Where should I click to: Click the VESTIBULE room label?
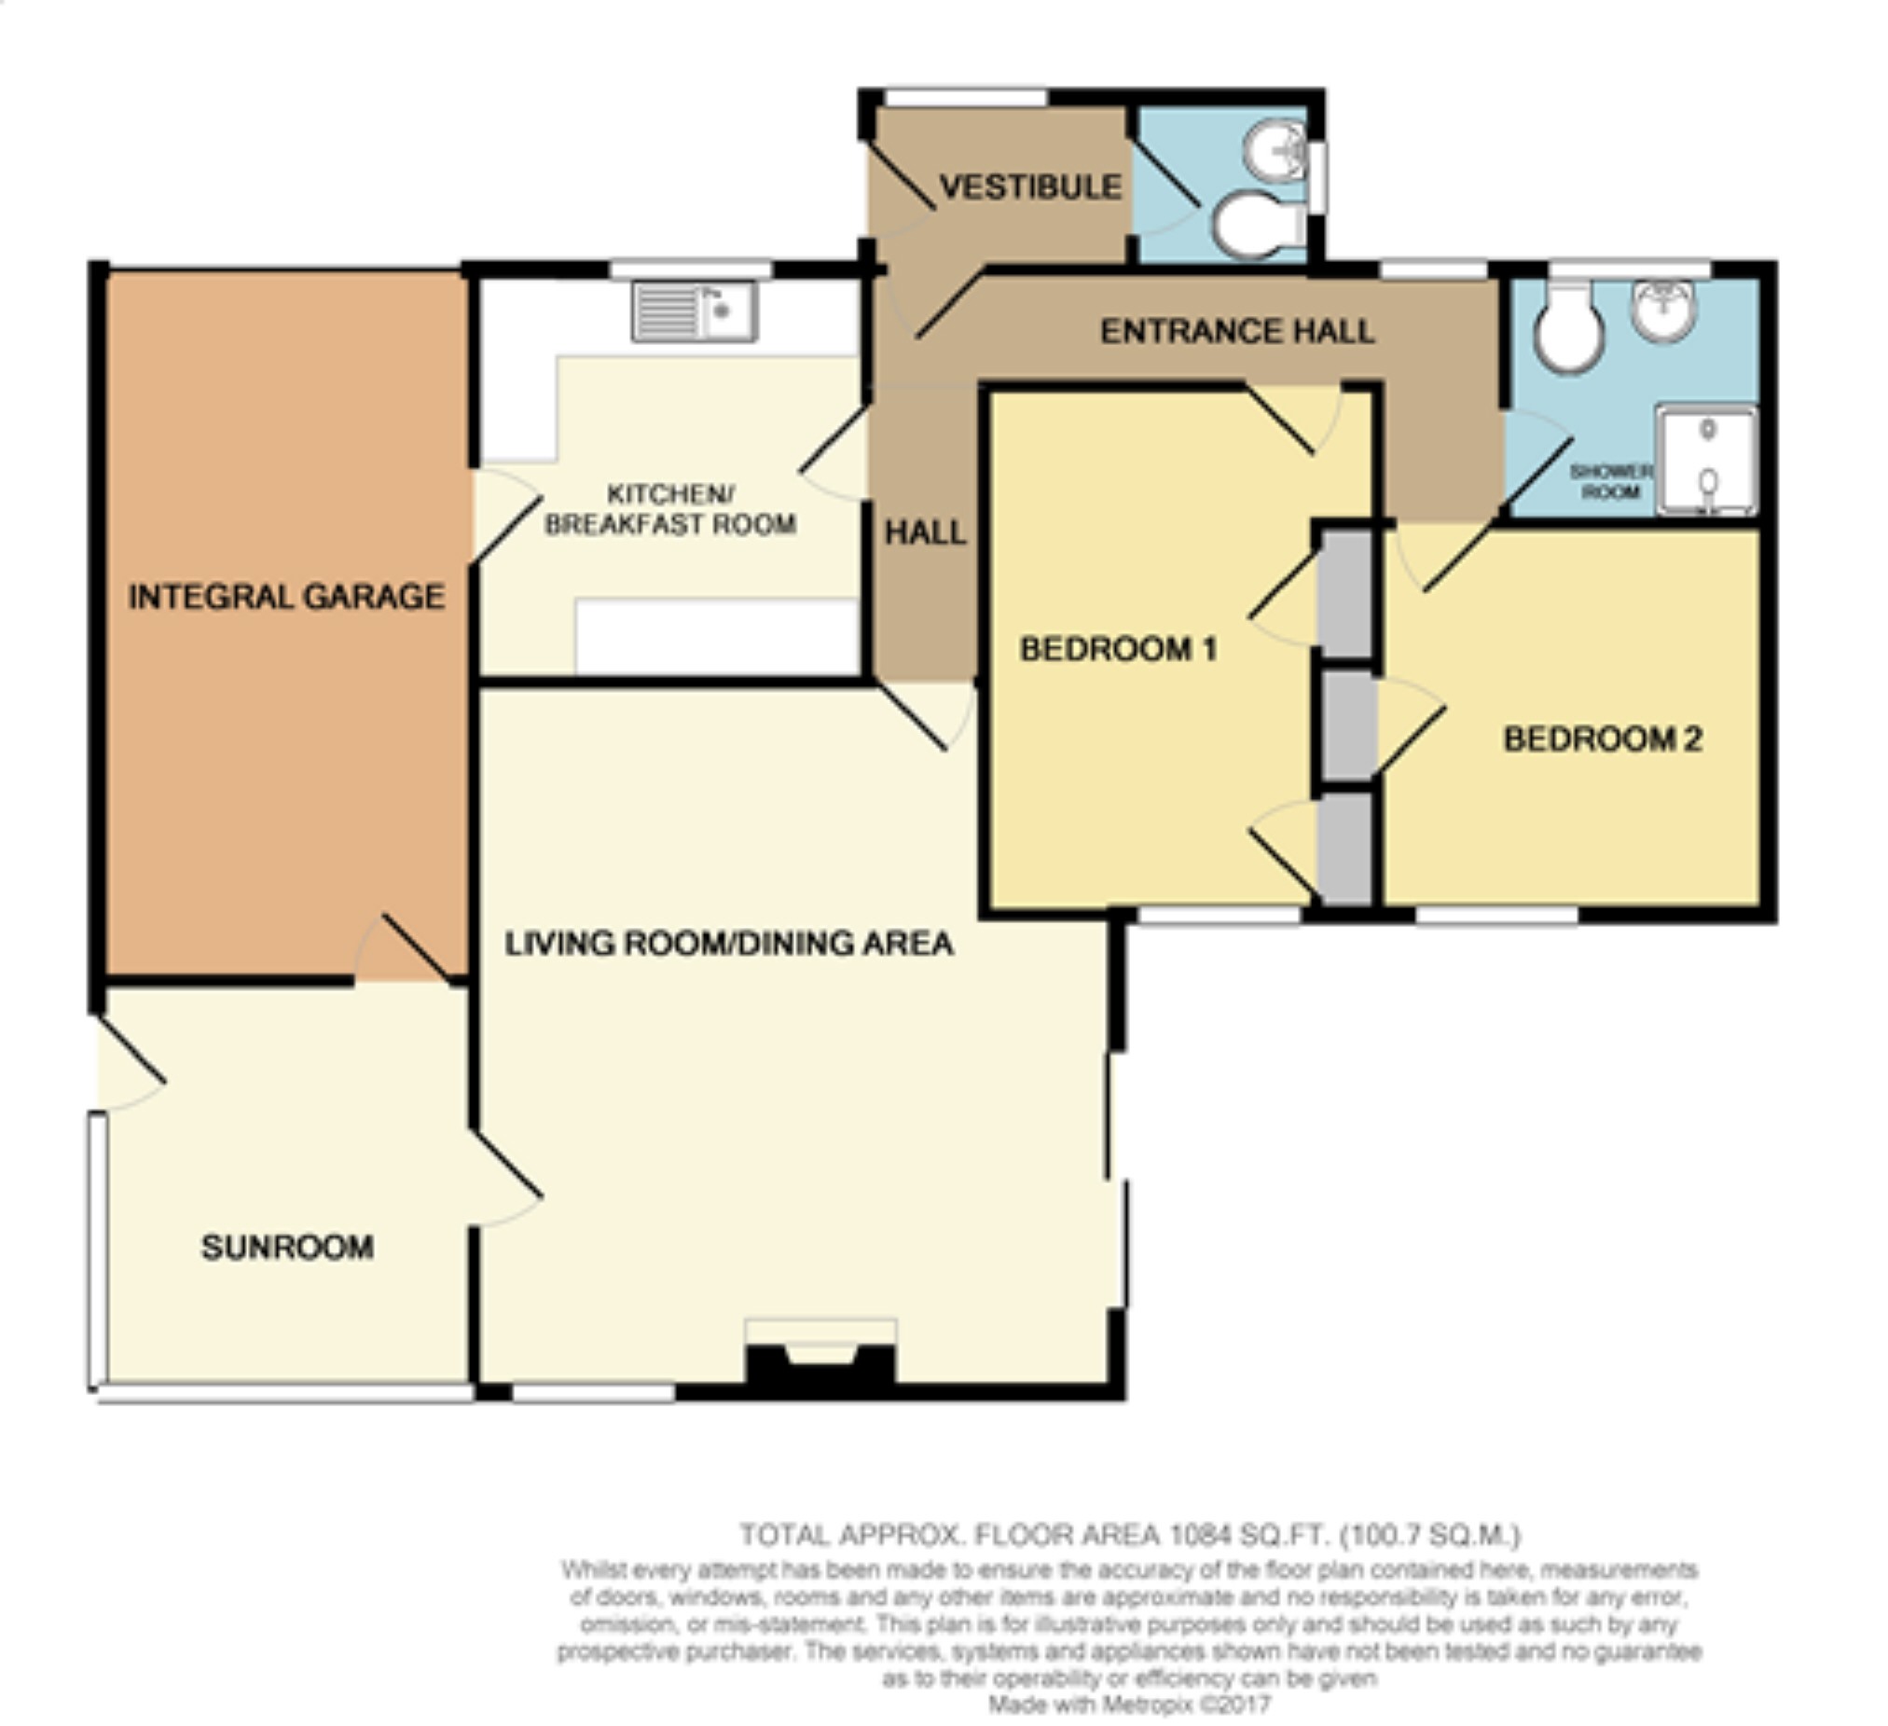(x=1030, y=187)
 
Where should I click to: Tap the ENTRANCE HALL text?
(x=1237, y=332)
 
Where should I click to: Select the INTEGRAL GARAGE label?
(x=286, y=597)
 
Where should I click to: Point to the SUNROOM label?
(x=287, y=1248)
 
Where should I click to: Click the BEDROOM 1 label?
(x=1118, y=649)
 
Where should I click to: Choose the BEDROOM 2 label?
(x=1603, y=739)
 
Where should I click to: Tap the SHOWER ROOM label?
(x=1611, y=481)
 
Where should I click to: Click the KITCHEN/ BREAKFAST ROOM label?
(x=670, y=508)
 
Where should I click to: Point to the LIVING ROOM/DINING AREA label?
(x=729, y=943)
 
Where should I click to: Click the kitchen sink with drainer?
(x=695, y=311)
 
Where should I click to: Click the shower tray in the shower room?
(x=1705, y=460)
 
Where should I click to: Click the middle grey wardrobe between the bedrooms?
(x=1346, y=725)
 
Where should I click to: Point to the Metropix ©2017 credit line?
(x=1130, y=1704)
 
